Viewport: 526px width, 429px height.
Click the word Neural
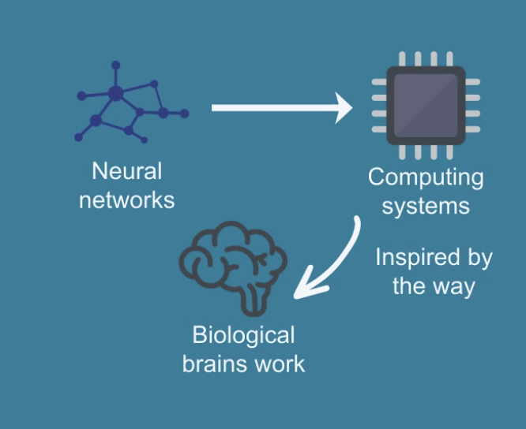click(x=126, y=172)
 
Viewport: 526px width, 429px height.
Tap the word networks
click(x=126, y=200)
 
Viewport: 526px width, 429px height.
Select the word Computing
click(x=426, y=177)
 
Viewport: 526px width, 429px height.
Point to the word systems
click(x=426, y=206)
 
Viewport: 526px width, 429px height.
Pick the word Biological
click(x=243, y=335)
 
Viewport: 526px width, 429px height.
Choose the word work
click(x=282, y=364)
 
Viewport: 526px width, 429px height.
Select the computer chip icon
click(x=426, y=108)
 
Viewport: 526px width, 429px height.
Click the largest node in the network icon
click(x=115, y=94)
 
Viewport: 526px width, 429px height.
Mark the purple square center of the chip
click(x=426, y=108)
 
